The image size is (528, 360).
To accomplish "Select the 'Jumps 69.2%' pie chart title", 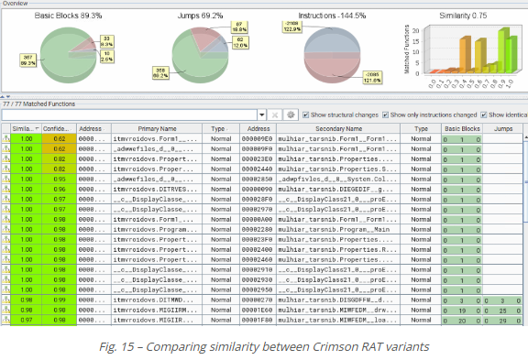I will tap(199, 16).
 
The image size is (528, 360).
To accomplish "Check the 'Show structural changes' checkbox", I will tap(305, 115).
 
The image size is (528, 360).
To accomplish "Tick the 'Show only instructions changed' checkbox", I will tap(384, 115).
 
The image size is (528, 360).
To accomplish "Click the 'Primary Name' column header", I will tap(154, 129).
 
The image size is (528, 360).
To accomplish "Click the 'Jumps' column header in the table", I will tap(502, 129).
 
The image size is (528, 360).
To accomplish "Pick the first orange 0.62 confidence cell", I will tap(59, 140).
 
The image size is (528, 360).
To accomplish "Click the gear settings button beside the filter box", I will tap(291, 115).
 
